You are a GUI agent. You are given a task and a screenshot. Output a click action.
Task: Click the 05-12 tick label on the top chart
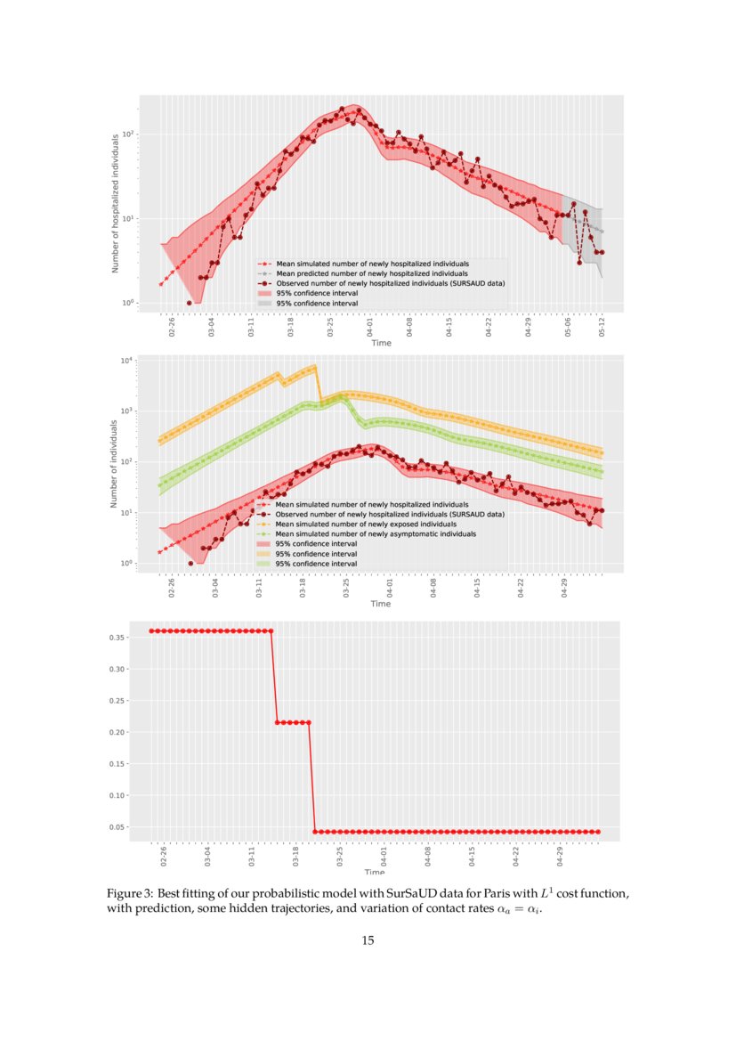603,327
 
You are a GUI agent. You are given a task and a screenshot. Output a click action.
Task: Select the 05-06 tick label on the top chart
567,327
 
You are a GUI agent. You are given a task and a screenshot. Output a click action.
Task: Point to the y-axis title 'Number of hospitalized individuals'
116,203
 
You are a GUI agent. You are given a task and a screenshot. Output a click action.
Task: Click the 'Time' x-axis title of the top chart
381,343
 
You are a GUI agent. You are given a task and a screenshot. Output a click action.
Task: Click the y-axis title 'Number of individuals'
116,463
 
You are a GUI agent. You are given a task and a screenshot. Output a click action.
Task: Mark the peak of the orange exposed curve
314,367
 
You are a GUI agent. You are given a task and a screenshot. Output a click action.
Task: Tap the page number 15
368,940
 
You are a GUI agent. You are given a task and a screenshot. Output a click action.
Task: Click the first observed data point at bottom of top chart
189,303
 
